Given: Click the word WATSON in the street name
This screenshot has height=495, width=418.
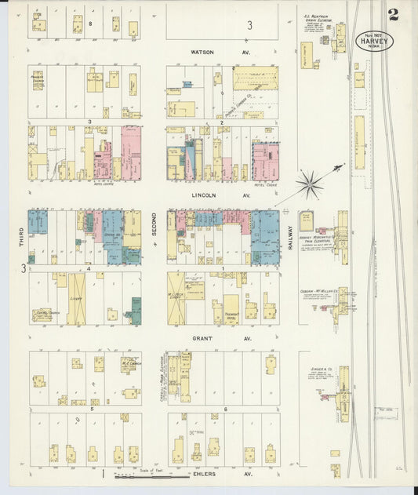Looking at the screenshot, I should [203, 53].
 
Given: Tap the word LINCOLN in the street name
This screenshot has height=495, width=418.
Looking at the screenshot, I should [203, 195].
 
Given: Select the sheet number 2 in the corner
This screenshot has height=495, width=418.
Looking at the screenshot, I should [391, 13].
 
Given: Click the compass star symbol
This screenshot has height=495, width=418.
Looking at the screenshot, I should [311, 186].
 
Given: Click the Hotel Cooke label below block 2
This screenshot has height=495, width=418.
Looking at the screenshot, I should [266, 184].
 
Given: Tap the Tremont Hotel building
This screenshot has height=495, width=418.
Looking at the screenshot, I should [231, 310].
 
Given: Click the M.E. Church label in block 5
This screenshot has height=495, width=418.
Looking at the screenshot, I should [129, 362].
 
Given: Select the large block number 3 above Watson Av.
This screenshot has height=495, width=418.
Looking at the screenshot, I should [249, 26].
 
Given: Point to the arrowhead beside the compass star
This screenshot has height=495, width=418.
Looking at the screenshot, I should [339, 166].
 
